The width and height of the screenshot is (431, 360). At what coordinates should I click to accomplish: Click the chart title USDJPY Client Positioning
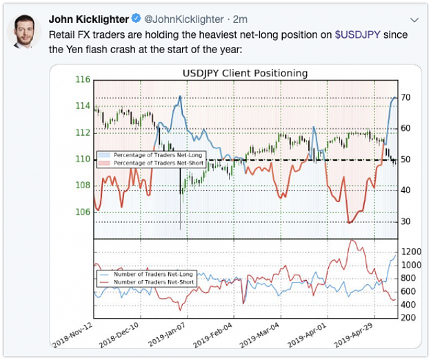(x=245, y=73)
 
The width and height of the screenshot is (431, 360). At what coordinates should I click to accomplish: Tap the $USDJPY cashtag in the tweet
(x=358, y=35)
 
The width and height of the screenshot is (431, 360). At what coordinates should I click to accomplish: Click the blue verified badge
(x=136, y=19)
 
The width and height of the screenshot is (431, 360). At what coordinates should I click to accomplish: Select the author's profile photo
(x=24, y=31)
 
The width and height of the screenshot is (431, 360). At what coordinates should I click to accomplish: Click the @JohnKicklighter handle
(x=184, y=19)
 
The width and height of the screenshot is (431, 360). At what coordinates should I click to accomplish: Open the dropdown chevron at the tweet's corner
(x=414, y=20)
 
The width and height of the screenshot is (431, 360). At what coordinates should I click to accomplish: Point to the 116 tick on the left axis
(x=83, y=79)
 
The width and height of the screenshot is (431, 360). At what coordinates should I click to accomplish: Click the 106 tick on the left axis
(x=83, y=212)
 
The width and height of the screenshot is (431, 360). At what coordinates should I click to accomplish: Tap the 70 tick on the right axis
(x=405, y=97)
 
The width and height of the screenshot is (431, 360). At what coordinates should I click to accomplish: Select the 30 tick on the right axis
(x=405, y=221)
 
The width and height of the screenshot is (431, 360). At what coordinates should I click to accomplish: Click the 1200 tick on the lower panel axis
(x=411, y=252)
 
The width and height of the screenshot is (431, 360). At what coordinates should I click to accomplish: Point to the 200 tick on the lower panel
(x=408, y=318)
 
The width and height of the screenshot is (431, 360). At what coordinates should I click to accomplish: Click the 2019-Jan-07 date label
(x=167, y=334)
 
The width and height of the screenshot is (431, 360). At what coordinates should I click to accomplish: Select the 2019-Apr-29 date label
(x=353, y=334)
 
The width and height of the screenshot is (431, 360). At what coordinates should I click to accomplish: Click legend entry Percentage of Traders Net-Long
(x=158, y=155)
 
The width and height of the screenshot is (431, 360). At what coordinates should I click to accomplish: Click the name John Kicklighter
(x=89, y=19)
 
